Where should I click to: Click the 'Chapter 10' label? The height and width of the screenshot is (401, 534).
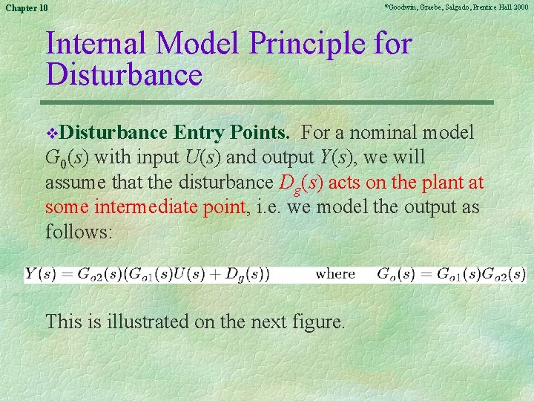click(x=26, y=7)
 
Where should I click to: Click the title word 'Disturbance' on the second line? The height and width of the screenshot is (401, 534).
click(x=124, y=75)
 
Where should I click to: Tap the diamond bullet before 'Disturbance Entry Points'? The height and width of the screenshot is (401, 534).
click(x=51, y=134)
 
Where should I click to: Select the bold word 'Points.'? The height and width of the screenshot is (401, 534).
click(x=263, y=133)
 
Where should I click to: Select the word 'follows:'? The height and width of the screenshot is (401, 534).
click(x=79, y=232)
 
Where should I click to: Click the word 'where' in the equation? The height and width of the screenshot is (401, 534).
click(x=335, y=274)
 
